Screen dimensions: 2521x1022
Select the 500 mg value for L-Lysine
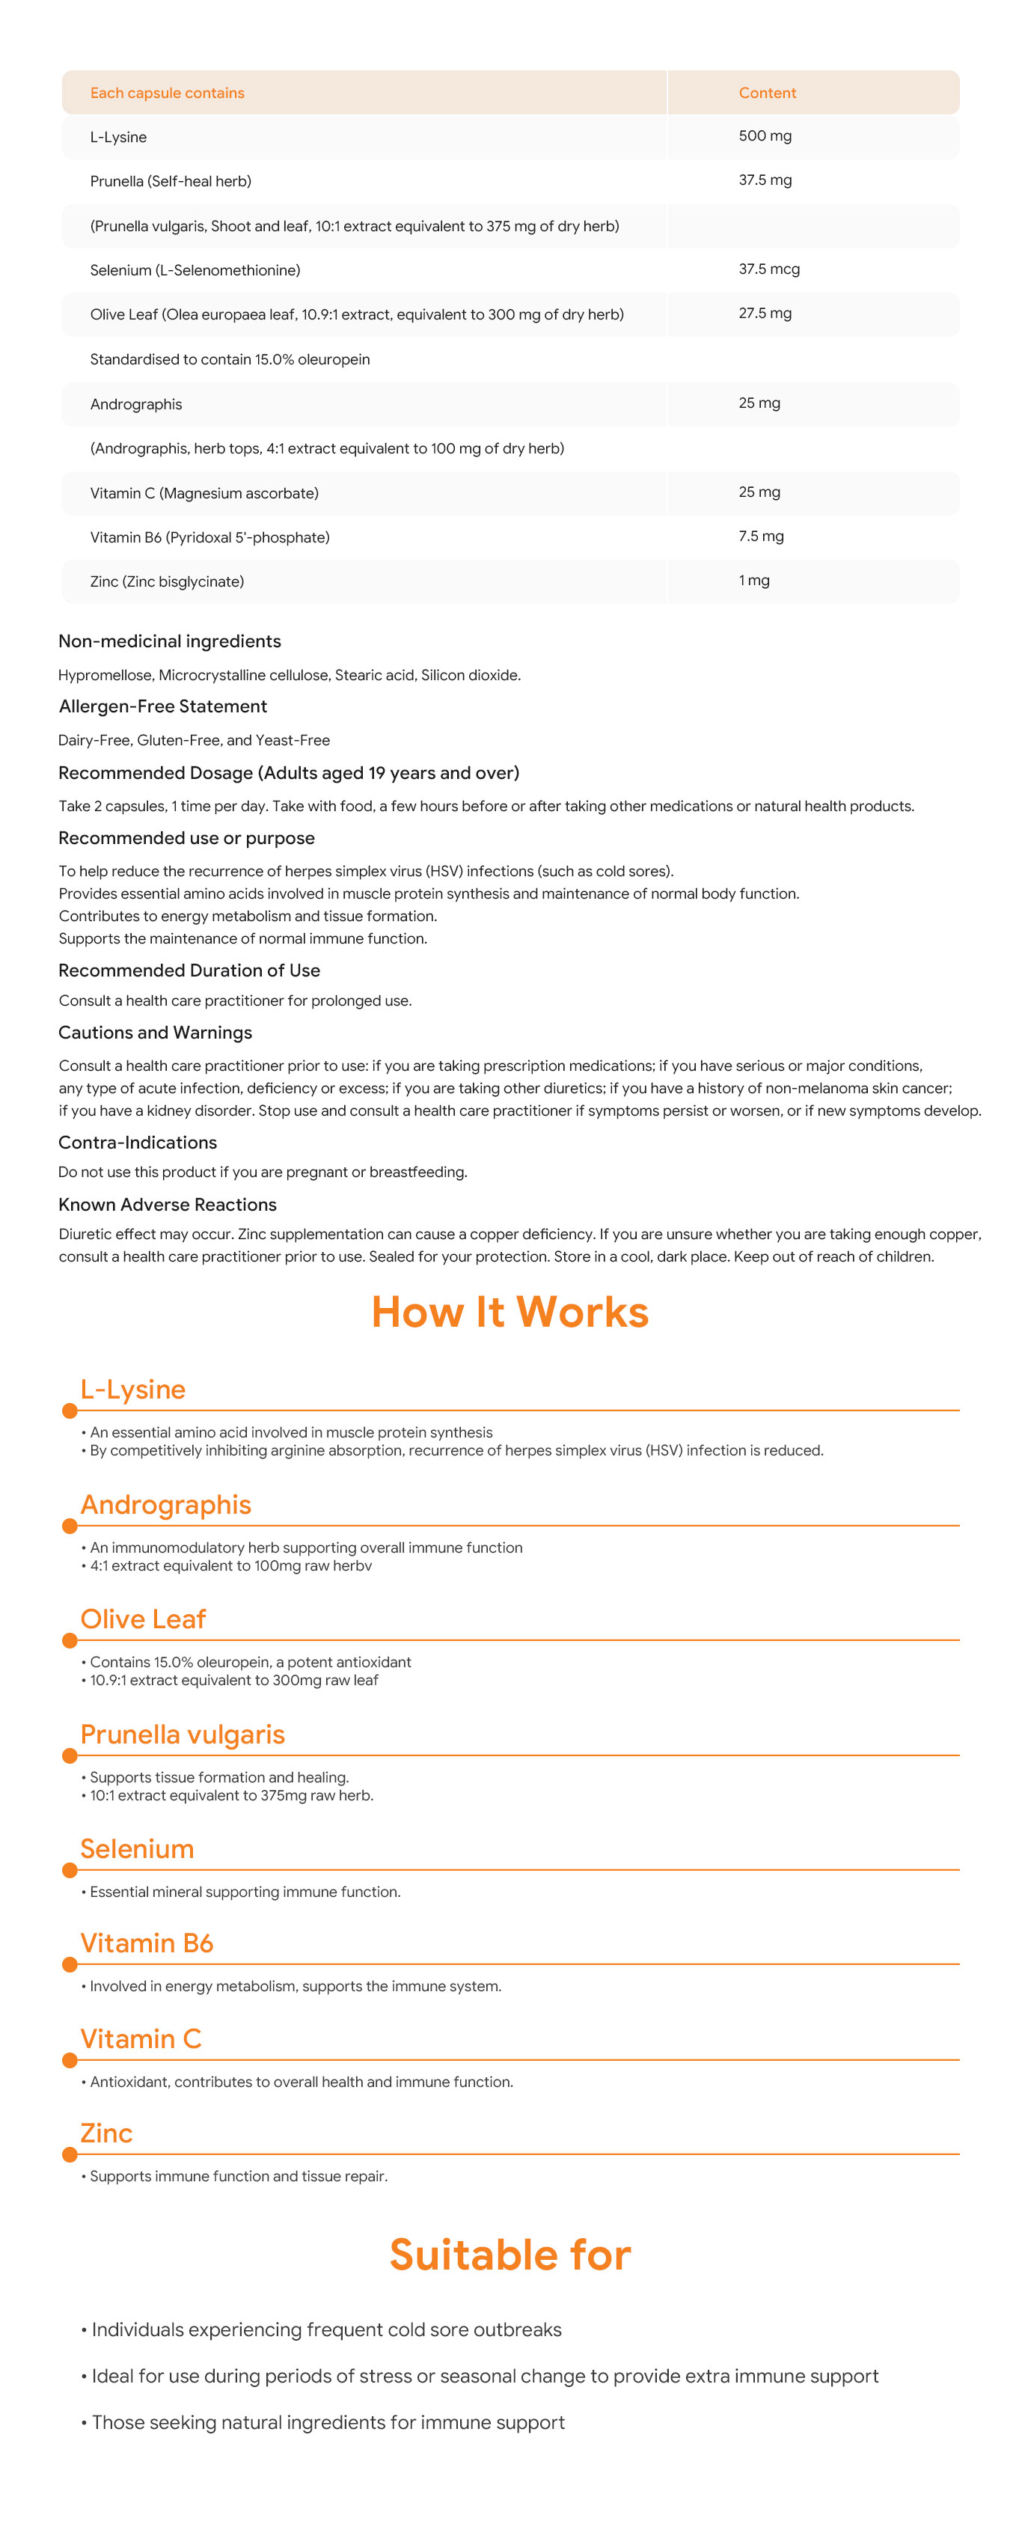point(765,136)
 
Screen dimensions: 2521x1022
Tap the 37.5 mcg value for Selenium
point(768,269)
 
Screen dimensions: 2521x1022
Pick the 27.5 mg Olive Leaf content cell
point(765,314)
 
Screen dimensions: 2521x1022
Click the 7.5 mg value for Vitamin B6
point(761,537)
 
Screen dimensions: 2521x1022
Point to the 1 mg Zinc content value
point(753,581)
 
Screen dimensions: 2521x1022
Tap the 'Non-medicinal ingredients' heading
point(169,641)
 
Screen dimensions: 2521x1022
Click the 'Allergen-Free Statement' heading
point(162,706)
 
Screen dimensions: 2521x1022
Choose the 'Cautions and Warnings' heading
point(155,1033)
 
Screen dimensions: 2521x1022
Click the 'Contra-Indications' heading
point(137,1142)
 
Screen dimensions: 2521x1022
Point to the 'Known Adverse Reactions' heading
point(168,1205)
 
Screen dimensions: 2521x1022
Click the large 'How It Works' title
point(510,1313)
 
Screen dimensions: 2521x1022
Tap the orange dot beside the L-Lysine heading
point(70,1411)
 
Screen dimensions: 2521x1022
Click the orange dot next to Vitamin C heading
point(70,2060)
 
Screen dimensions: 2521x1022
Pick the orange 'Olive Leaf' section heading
point(143,1619)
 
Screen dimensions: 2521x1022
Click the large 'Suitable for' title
point(510,2255)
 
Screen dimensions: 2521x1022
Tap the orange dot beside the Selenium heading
point(70,1870)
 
